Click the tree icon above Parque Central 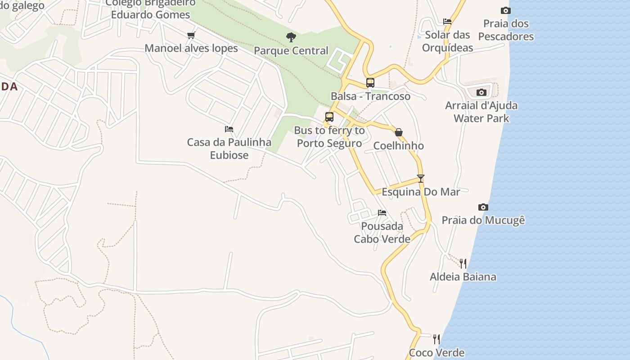[291, 37]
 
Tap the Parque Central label [291, 51]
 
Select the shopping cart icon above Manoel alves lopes [191, 35]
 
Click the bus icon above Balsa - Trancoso [370, 83]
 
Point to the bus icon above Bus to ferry [329, 117]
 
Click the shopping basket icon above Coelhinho [399, 132]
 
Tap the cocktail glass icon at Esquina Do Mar [421, 178]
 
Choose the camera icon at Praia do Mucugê [483, 207]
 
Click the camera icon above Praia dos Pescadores [506, 10]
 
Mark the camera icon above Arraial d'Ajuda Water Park [481, 92]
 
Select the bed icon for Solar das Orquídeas [447, 21]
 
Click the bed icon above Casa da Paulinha [229, 129]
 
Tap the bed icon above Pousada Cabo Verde [382, 212]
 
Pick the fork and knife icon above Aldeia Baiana [463, 263]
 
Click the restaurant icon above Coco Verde [436, 339]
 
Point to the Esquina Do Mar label [421, 192]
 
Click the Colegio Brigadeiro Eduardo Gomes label [151, 9]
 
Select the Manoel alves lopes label [191, 48]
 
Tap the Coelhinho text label [399, 146]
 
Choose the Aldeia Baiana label [463, 277]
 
